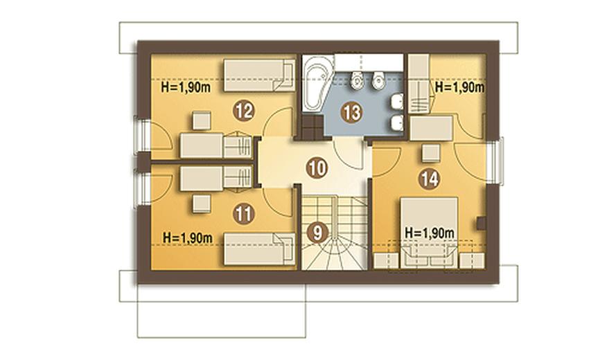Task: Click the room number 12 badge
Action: (x=244, y=111)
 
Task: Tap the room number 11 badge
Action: (x=243, y=214)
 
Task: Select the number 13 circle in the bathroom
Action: (x=352, y=112)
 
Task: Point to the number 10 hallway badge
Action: (x=317, y=168)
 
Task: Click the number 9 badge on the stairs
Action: (x=317, y=233)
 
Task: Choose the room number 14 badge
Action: (x=429, y=179)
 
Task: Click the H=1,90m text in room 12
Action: (x=186, y=87)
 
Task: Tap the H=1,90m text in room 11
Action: (x=188, y=237)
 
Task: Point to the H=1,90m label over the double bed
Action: (x=430, y=233)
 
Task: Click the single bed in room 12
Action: (x=259, y=75)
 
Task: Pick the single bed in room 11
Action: (x=259, y=249)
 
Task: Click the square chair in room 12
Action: (x=202, y=120)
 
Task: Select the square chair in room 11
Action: (x=202, y=204)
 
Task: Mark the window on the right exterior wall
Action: (x=498, y=161)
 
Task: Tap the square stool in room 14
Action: (x=431, y=153)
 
